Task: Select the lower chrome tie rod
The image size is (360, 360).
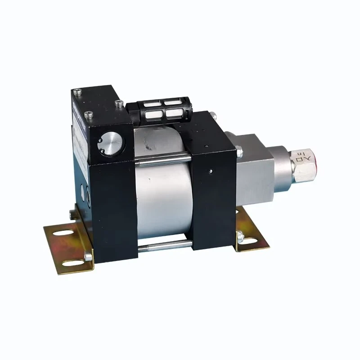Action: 164,245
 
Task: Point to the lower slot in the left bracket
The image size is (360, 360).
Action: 72,261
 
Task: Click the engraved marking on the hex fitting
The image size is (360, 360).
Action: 299,158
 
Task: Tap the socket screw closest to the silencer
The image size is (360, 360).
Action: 119,104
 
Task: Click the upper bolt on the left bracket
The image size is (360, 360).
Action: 72,212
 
